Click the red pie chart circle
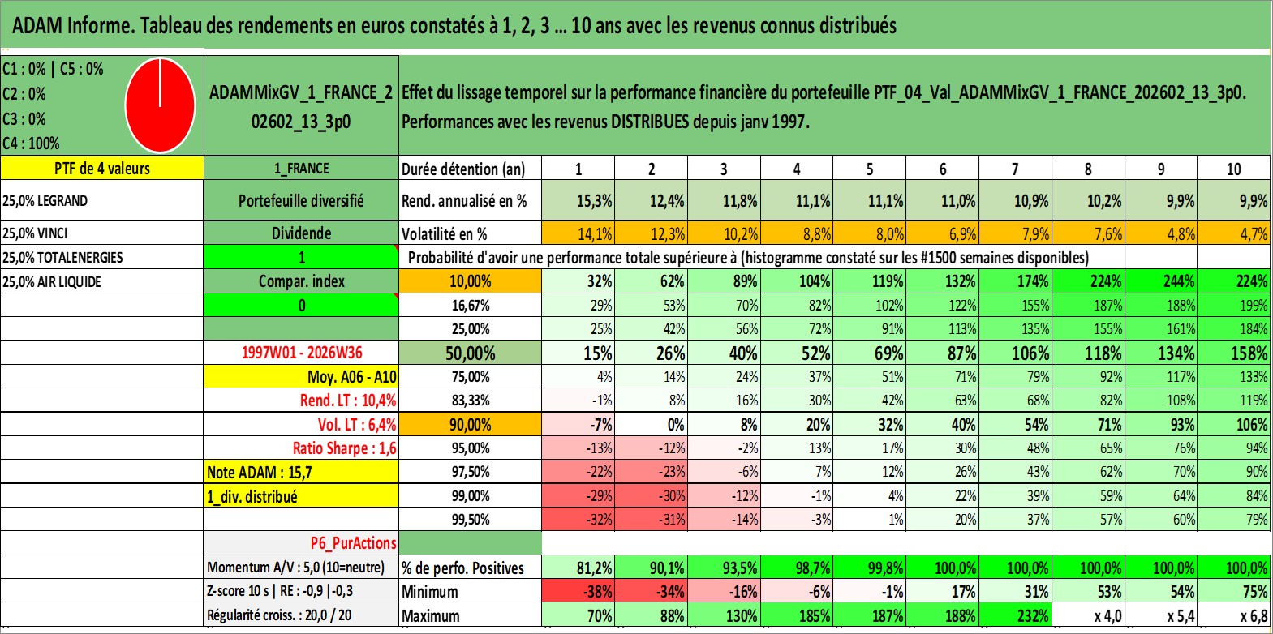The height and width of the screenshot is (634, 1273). pyautogui.click(x=160, y=105)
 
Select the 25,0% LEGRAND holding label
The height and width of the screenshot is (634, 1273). pyautogui.click(x=45, y=201)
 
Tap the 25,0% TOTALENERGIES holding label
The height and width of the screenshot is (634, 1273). pyautogui.click(x=62, y=257)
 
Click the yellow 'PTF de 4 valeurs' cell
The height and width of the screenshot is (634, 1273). pyautogui.click(x=102, y=168)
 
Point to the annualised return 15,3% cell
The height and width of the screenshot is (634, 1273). pyautogui.click(x=578, y=200)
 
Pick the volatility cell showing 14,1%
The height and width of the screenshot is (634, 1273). pyautogui.click(x=578, y=233)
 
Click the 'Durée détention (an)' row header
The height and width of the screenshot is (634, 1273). pyautogui.click(x=463, y=169)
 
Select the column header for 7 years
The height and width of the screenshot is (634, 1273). pyautogui.click(x=1015, y=169)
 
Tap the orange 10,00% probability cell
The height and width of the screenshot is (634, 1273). pyautogui.click(x=471, y=281)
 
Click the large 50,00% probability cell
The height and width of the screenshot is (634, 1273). pyautogui.click(x=471, y=353)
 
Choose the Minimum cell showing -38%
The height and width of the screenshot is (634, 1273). pyautogui.click(x=578, y=591)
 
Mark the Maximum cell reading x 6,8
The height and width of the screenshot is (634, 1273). pyautogui.click(x=1234, y=616)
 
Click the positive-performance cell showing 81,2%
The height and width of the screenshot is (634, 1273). pyautogui.click(x=578, y=568)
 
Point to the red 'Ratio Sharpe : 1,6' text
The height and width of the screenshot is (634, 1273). pyautogui.click(x=344, y=448)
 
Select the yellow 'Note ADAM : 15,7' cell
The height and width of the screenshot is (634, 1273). pyautogui.click(x=301, y=472)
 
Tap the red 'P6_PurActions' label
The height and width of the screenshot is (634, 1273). pyautogui.click(x=353, y=543)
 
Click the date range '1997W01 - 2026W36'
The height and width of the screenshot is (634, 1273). pyautogui.click(x=302, y=353)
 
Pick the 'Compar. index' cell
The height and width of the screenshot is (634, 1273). pyautogui.click(x=301, y=281)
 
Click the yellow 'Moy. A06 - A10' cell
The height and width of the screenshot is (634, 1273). pyautogui.click(x=301, y=377)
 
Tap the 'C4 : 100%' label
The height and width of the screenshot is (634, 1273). pyautogui.click(x=32, y=144)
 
